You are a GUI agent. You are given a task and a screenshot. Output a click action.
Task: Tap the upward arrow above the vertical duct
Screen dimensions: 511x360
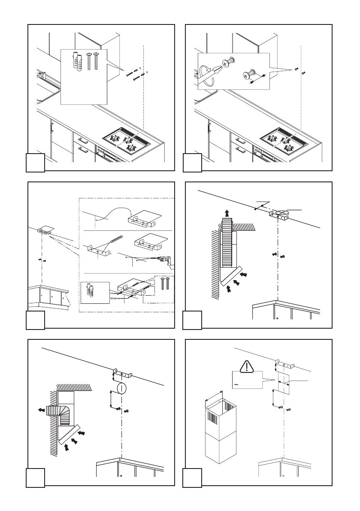click(227, 212)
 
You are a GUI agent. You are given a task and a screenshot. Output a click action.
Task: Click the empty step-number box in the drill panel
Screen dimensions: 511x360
click(36, 321)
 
